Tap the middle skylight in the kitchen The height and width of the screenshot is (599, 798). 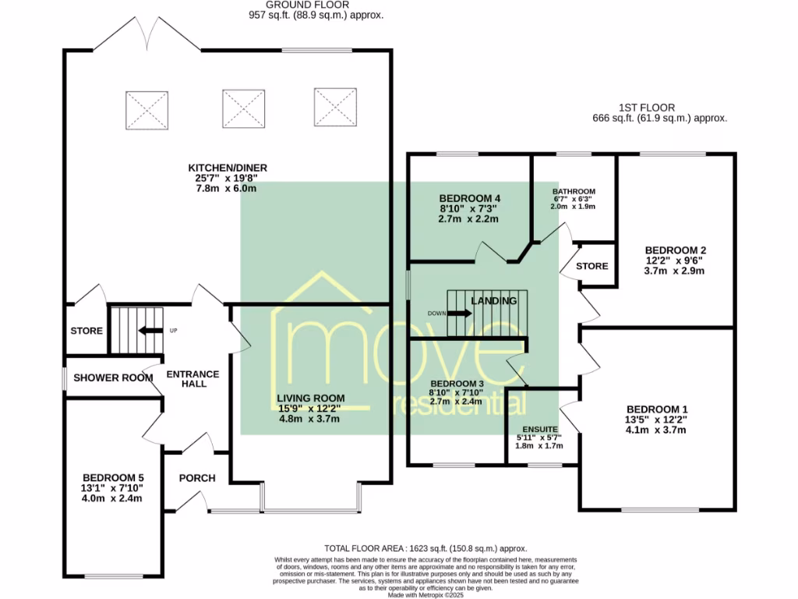click(243, 108)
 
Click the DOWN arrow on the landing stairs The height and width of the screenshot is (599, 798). click(460, 314)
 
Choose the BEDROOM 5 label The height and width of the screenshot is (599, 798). click(113, 478)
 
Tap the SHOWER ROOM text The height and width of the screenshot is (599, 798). click(113, 377)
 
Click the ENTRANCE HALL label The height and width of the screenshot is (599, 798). click(192, 380)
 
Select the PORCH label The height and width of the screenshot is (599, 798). click(196, 478)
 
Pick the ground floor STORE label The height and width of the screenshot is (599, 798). click(87, 331)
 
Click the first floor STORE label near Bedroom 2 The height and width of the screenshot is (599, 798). click(592, 266)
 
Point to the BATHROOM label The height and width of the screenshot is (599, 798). click(574, 191)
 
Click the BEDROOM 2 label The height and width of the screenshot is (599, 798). click(674, 250)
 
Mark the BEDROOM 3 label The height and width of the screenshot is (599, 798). click(457, 383)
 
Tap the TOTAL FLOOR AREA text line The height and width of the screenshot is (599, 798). click(425, 548)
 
